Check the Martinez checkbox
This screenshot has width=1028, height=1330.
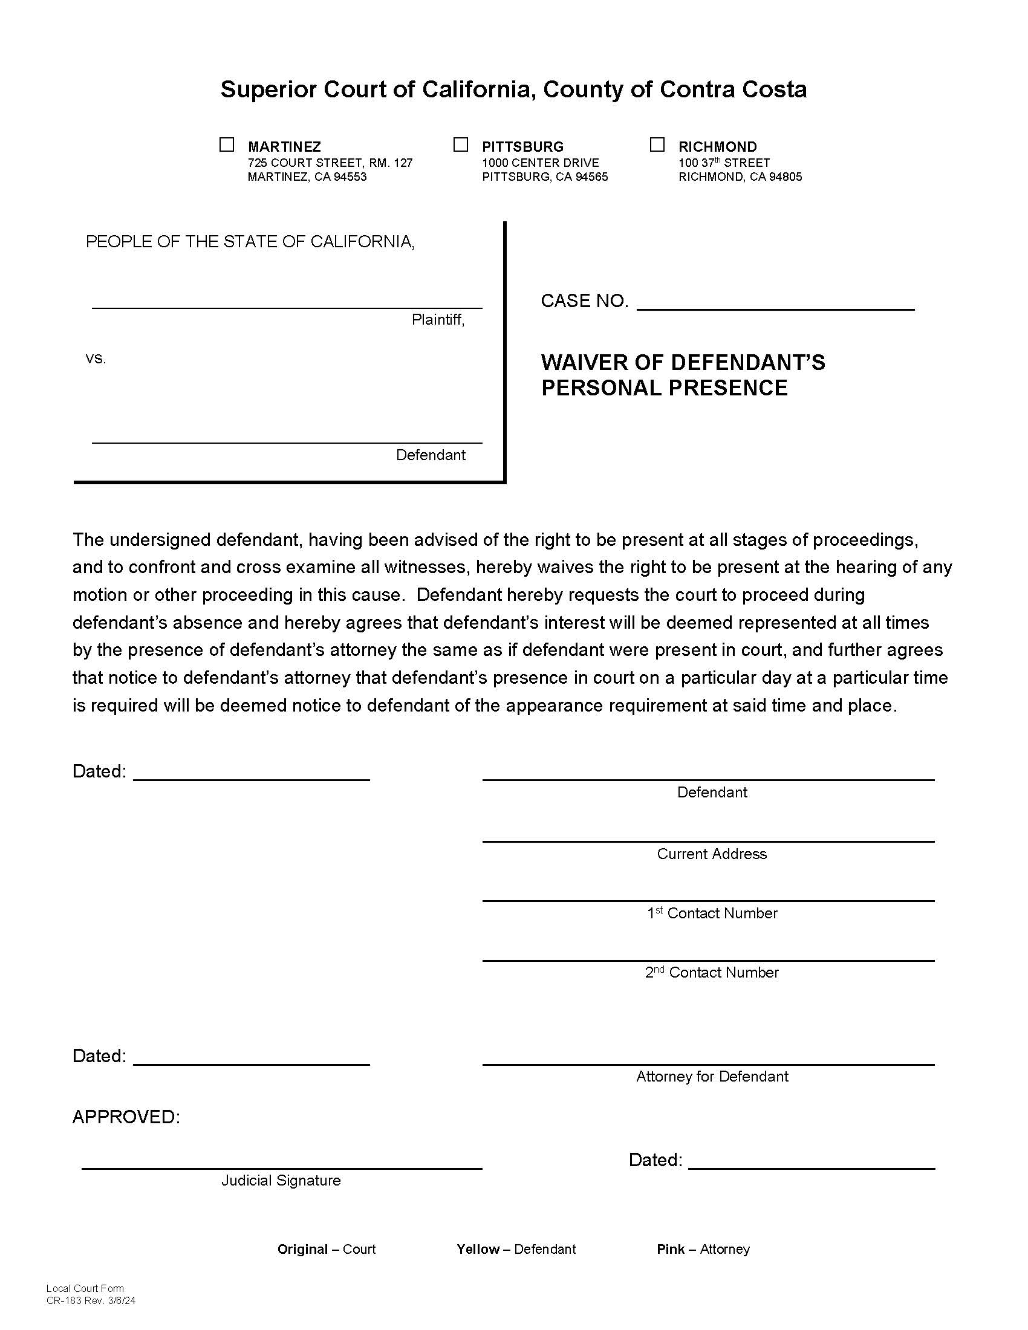[x=227, y=145]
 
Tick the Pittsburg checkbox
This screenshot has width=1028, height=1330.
[x=460, y=145]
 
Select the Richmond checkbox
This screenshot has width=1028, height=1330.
[x=657, y=145]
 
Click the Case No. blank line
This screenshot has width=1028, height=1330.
[x=775, y=302]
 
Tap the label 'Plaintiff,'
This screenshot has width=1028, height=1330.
[x=438, y=320]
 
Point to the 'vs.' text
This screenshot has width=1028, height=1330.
[x=96, y=358]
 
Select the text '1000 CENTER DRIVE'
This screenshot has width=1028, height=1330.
[x=540, y=163]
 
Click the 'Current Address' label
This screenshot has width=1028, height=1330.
[x=711, y=854]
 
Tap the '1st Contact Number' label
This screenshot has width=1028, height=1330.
[x=711, y=913]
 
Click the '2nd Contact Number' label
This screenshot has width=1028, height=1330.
[x=711, y=972]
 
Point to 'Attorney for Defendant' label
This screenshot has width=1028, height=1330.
[x=711, y=1076]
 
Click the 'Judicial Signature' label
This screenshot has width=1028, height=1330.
[x=281, y=1180]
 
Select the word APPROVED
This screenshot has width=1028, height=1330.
[x=125, y=1117]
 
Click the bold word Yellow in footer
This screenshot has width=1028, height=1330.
[x=478, y=1249]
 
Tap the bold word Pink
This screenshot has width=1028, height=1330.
[x=670, y=1249]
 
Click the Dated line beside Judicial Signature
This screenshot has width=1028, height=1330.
[x=811, y=1161]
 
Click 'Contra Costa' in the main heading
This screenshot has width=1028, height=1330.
[x=733, y=89]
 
